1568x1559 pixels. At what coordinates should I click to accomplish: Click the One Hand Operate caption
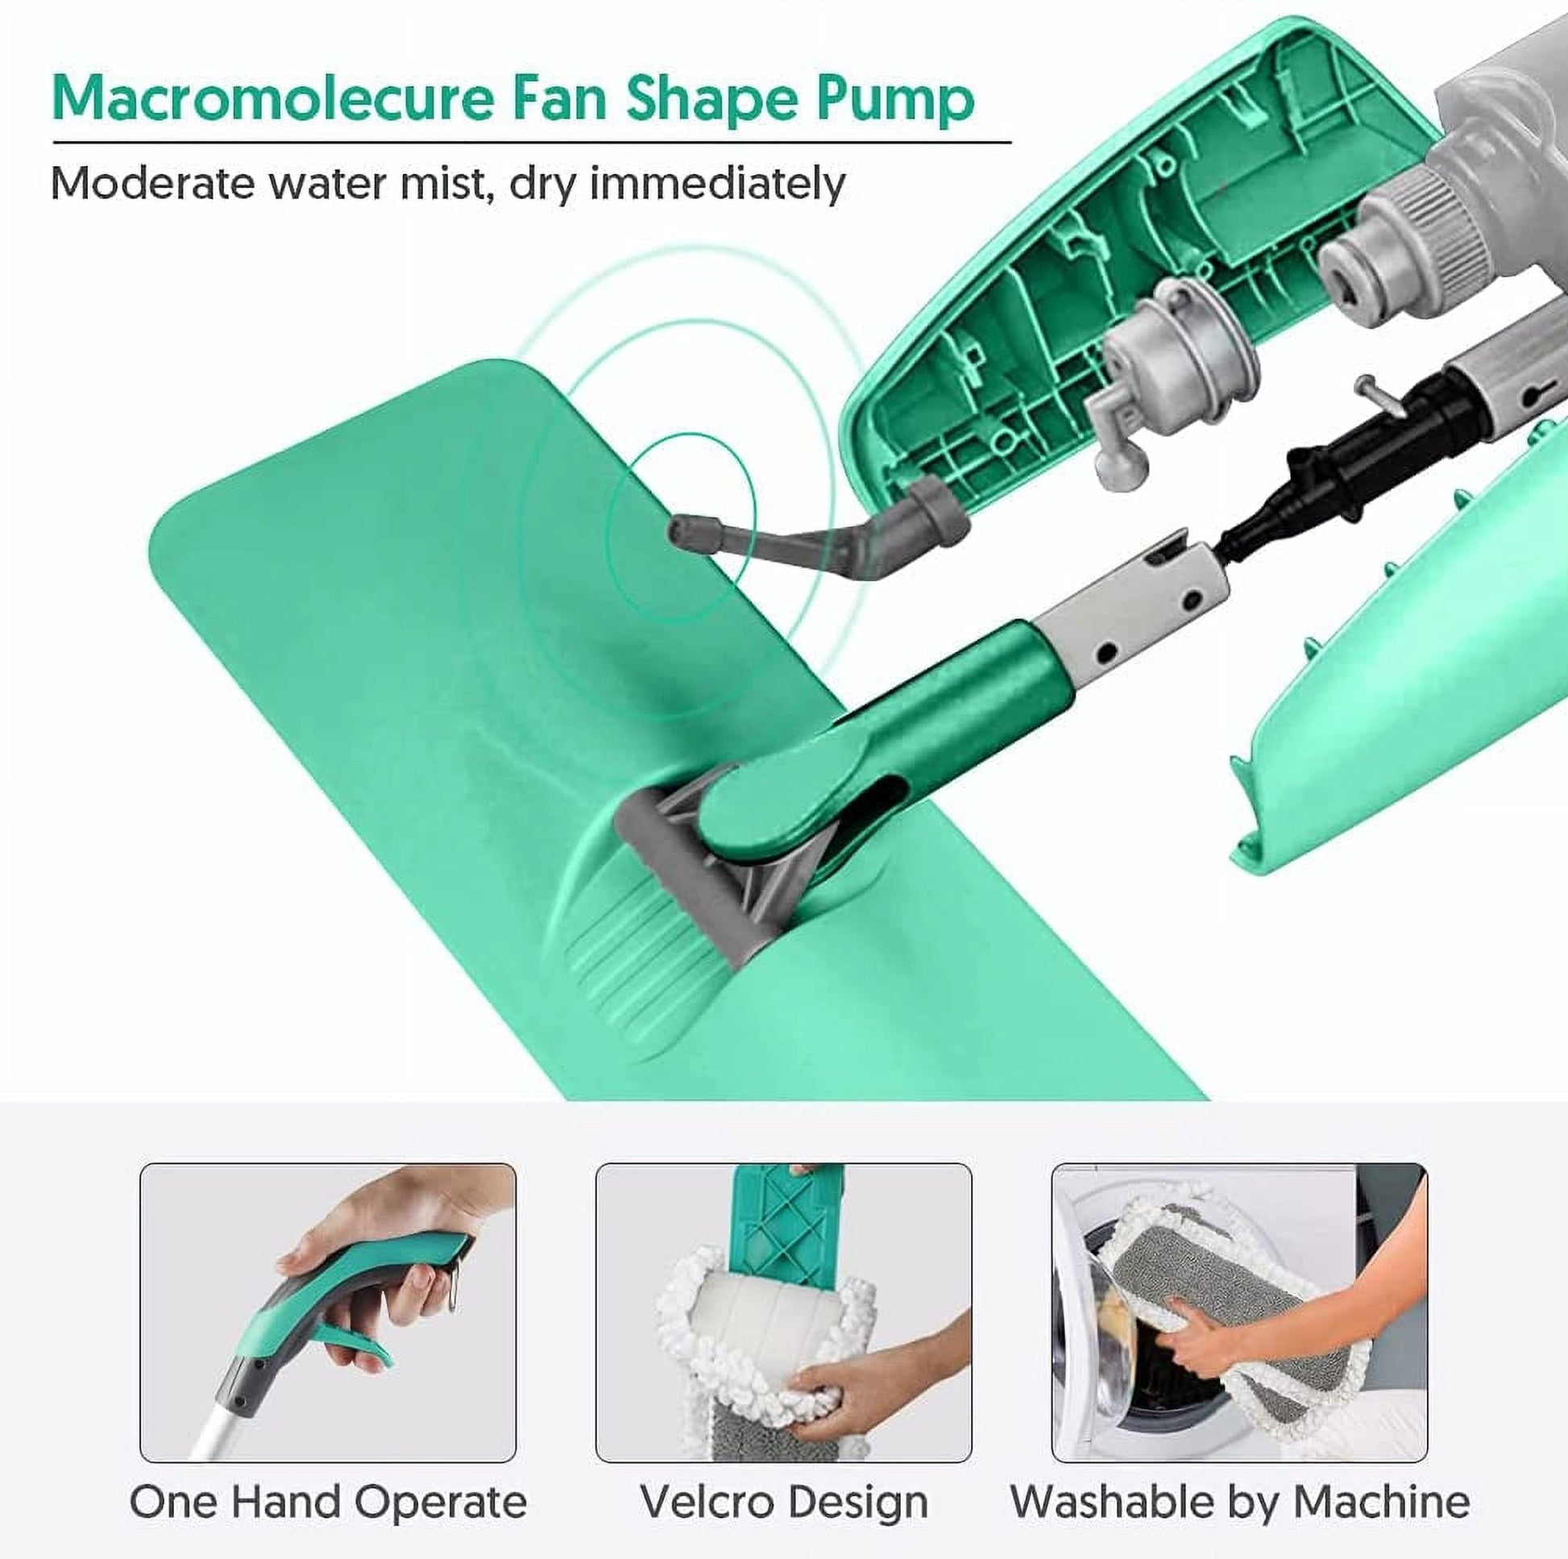coord(328,1478)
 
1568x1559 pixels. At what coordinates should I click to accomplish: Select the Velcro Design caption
coord(784,1479)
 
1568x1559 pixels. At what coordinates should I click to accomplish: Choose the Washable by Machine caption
coord(1239,1478)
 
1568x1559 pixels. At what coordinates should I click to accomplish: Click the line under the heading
coord(532,143)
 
